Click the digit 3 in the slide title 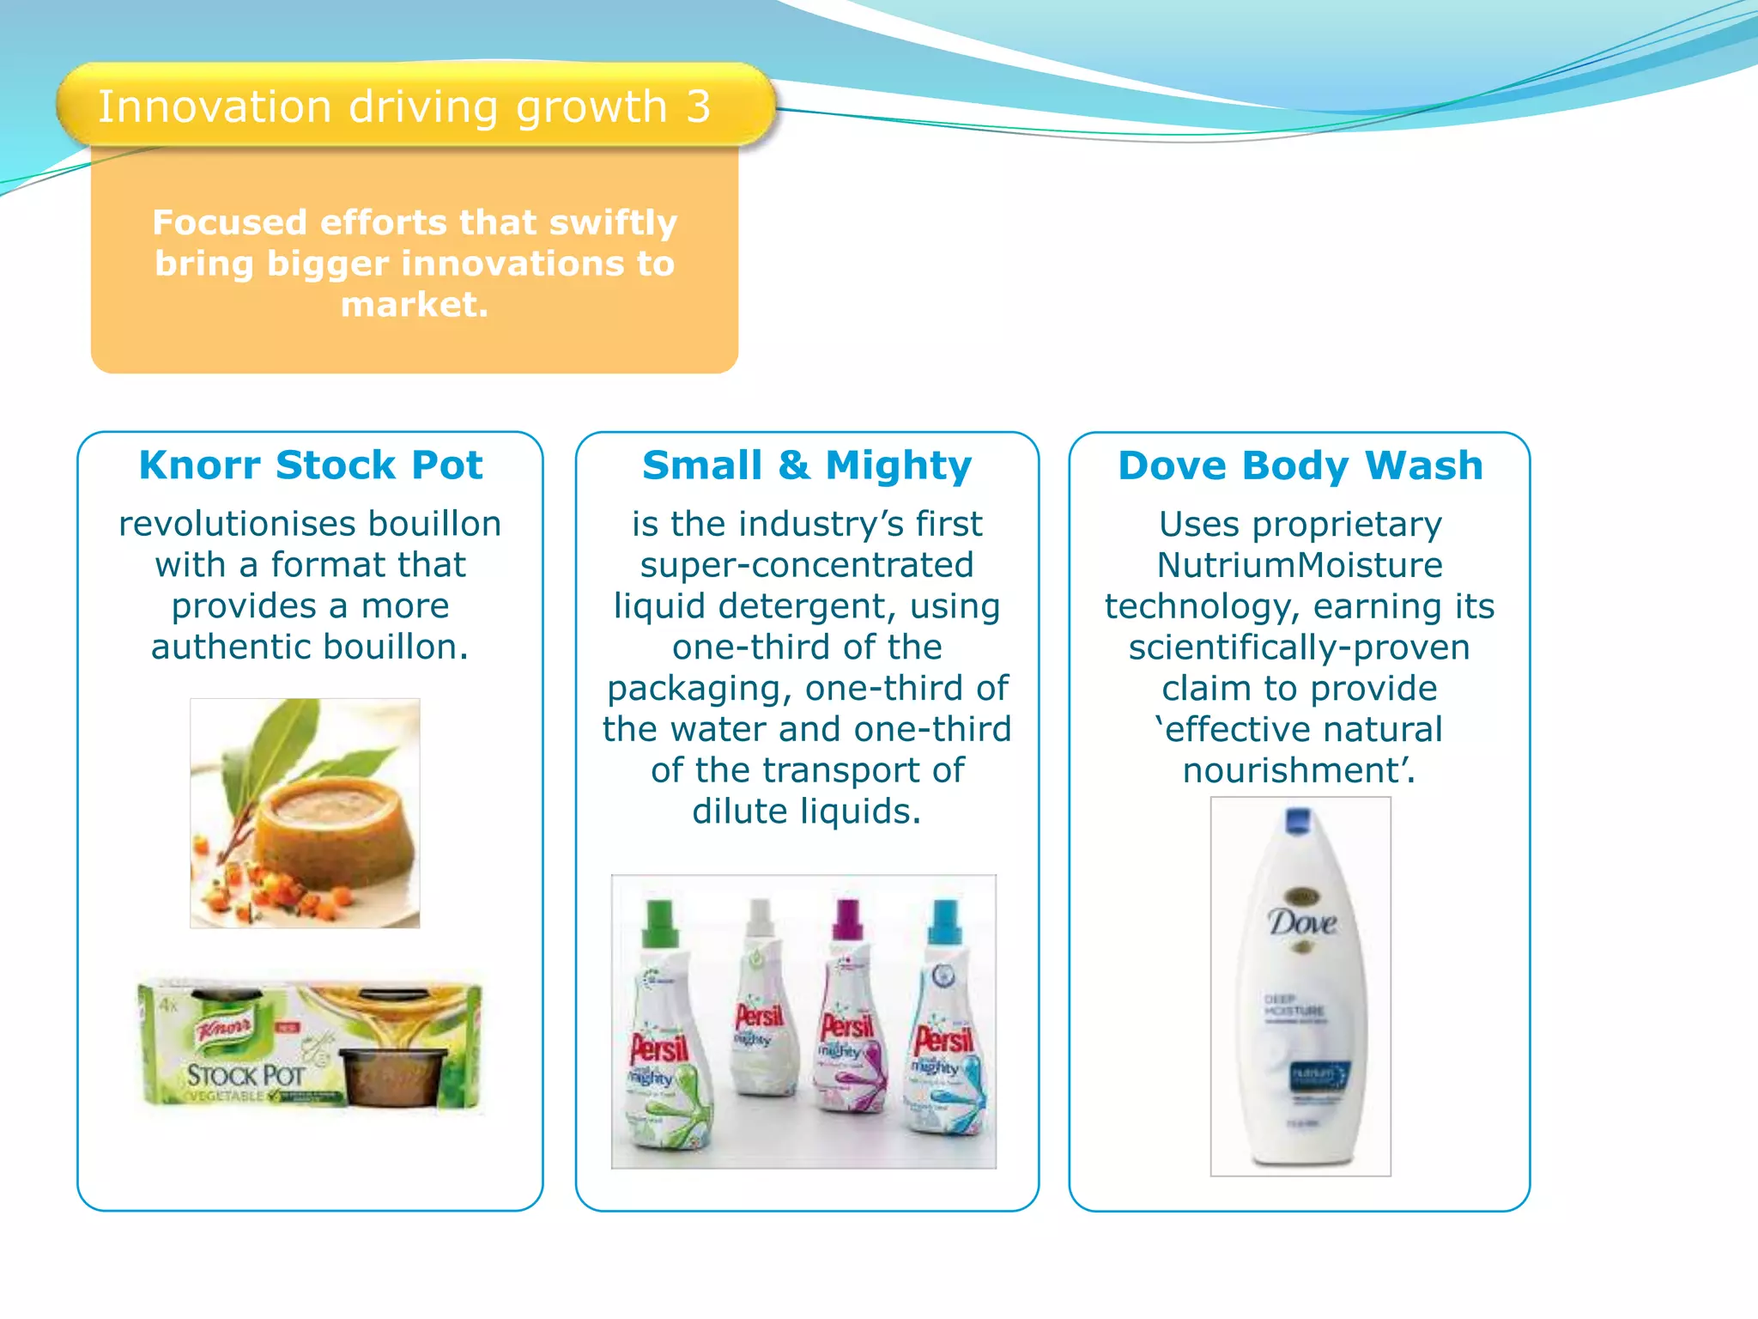(698, 107)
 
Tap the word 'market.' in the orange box (415, 305)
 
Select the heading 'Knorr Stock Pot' (311, 465)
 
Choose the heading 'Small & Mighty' (807, 465)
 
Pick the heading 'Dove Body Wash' (1300, 465)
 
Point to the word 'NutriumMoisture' (1300, 565)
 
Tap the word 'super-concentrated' (807, 565)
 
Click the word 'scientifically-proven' (1300, 647)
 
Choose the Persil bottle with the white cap (761, 1005)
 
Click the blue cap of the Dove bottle (1298, 820)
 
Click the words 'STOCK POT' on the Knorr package (246, 1075)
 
